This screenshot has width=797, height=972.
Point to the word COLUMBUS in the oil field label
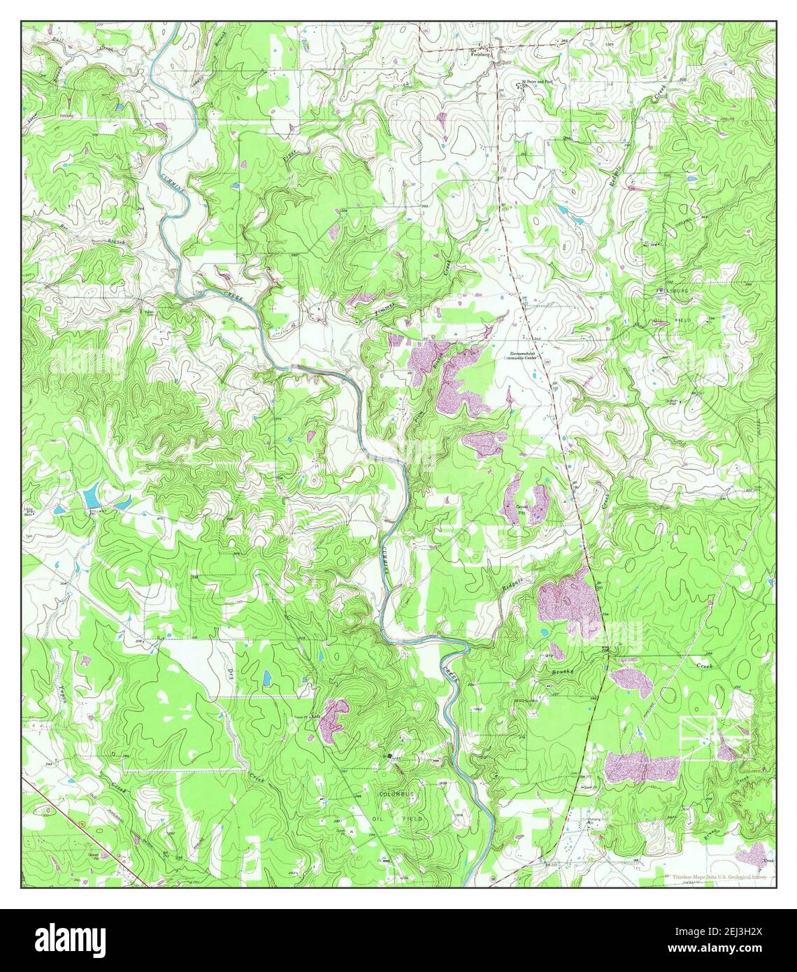(397, 795)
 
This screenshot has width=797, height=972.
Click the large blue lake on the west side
(91, 498)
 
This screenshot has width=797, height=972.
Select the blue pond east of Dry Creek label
(266, 677)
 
